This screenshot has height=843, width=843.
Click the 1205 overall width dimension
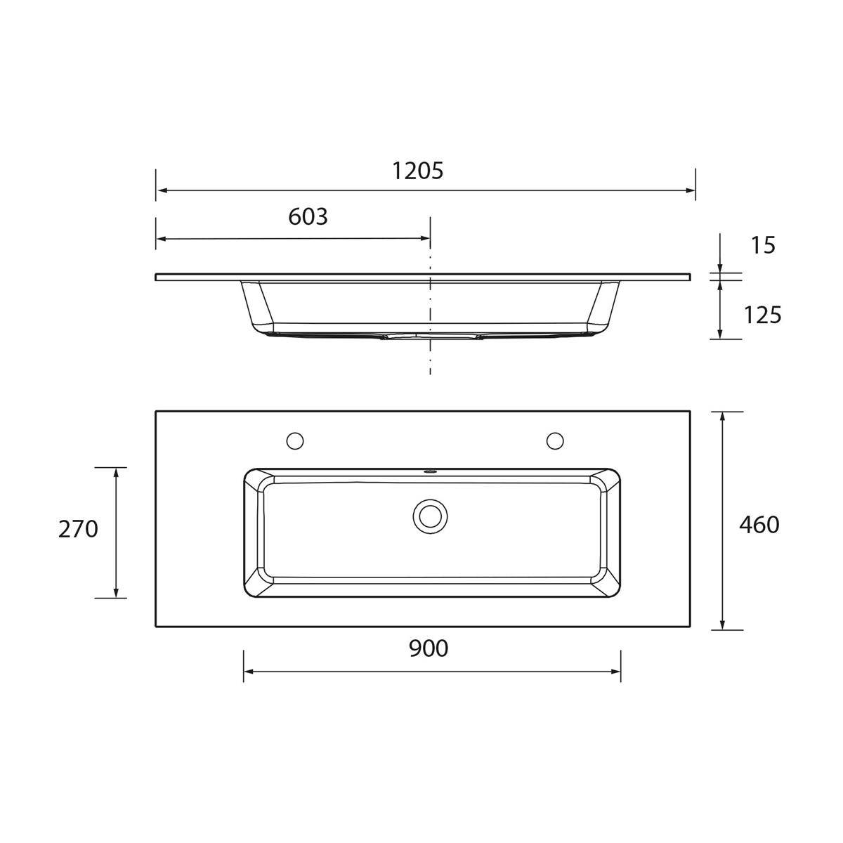click(417, 171)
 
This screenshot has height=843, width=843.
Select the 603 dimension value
click(308, 216)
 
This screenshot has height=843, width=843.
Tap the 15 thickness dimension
click(763, 245)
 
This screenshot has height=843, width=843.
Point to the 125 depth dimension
click(762, 315)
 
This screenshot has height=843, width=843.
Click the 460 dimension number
click(759, 525)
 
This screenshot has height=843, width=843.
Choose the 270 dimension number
click(78, 530)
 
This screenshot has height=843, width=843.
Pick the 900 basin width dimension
click(429, 648)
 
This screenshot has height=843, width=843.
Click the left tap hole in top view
click(295, 440)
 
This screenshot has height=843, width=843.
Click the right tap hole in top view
click(555, 440)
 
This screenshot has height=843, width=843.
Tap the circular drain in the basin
click(430, 516)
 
